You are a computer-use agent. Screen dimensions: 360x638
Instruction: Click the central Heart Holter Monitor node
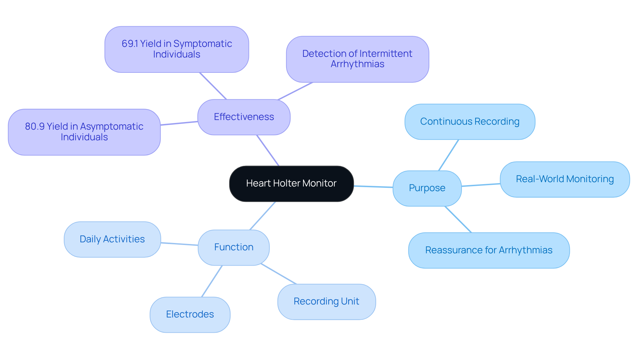click(291, 183)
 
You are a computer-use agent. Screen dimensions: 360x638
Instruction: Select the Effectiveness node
click(244, 117)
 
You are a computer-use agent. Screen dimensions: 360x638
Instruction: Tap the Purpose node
click(427, 188)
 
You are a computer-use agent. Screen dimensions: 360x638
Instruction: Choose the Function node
click(234, 247)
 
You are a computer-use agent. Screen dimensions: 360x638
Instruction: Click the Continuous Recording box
click(470, 122)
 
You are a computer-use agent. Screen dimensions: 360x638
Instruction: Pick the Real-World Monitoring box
click(565, 179)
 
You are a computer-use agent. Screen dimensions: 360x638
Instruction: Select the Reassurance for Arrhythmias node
click(488, 250)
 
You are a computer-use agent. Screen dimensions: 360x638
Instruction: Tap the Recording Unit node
click(326, 301)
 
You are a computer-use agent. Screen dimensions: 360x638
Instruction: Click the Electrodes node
click(190, 314)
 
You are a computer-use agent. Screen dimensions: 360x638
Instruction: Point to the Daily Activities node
click(112, 239)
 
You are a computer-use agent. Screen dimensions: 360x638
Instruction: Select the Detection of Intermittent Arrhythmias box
click(357, 59)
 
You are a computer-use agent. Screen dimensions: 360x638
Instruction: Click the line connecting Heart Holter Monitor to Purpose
click(373, 186)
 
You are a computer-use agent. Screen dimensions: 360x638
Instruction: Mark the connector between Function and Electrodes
click(212, 281)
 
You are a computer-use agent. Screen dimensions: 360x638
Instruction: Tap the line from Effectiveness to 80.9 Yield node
click(179, 123)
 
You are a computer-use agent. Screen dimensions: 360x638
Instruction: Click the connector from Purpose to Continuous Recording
click(449, 155)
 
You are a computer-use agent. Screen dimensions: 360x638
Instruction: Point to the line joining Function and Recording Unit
click(278, 274)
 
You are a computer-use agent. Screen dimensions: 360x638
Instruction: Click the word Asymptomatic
click(112, 126)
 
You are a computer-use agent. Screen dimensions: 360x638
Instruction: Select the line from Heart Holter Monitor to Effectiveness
click(268, 150)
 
